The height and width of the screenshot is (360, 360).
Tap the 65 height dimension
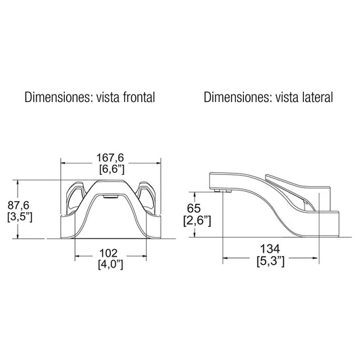click(194, 209)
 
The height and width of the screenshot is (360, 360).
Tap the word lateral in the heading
click(314, 97)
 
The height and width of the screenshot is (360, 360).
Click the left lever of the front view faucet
click(74, 196)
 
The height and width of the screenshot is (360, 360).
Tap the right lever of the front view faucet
click(147, 196)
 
